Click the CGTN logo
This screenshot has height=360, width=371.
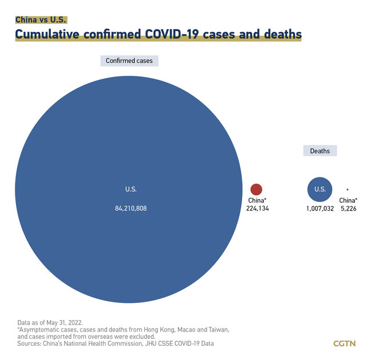pos(344,343)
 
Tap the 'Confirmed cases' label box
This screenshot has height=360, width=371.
pos(129,60)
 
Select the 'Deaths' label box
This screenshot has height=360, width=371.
pos(320,151)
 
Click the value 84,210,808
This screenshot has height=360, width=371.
pos(131,209)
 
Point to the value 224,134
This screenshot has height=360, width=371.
pos(258,209)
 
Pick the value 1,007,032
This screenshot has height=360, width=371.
pos(320,209)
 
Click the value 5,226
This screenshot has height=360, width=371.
pos(348,209)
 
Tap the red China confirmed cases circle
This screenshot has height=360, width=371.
pos(256,189)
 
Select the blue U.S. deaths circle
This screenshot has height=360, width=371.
pos(320,189)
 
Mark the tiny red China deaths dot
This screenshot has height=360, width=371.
pos(347,189)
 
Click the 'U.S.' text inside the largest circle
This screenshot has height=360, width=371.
pos(131,189)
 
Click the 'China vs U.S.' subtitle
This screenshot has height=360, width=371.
pos(41,19)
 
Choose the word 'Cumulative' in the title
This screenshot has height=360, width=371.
pos(47,34)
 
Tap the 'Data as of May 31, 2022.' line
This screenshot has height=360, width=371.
pos(50,322)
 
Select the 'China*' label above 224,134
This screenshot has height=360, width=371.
pos(257,200)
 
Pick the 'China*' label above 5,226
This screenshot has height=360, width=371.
pos(348,200)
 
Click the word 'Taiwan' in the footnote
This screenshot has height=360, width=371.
pos(217,330)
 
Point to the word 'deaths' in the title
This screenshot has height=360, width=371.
pos(281,34)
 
